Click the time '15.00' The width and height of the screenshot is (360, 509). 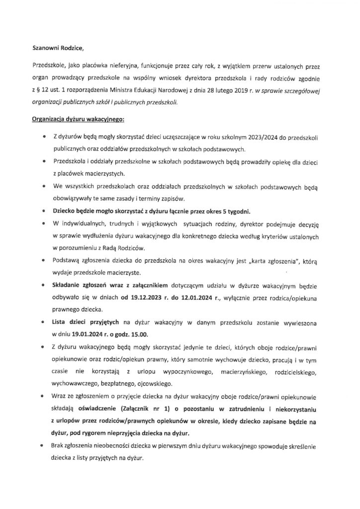pyautogui.click(x=139, y=334)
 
